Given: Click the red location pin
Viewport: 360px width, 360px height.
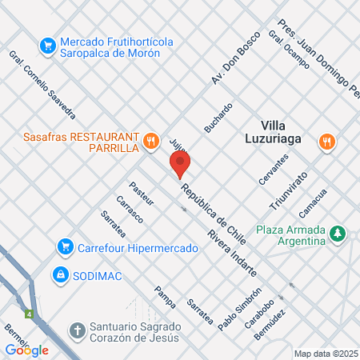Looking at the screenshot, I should point(180,164).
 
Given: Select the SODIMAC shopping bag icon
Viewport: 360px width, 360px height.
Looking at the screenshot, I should point(59,274).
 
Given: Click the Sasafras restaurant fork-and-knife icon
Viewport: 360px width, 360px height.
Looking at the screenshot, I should point(150,142).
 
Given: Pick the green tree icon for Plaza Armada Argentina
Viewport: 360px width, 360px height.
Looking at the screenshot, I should point(339,234).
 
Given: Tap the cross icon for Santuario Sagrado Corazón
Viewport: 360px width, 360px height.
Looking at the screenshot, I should point(77,330).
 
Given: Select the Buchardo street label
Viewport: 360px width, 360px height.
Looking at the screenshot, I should point(218,118).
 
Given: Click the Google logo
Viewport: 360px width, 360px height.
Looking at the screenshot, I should point(26,350).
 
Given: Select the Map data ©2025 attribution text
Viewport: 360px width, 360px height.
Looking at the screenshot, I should point(326,354).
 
